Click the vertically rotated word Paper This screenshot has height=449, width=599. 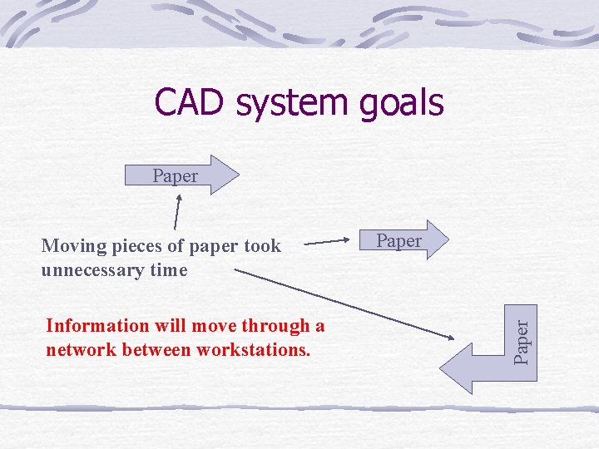(521, 338)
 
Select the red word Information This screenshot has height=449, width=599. (94, 325)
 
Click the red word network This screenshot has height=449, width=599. (81, 349)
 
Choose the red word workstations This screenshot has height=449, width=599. (254, 349)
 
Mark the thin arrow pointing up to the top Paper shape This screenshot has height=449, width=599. (177, 211)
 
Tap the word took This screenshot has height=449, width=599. (263, 245)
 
